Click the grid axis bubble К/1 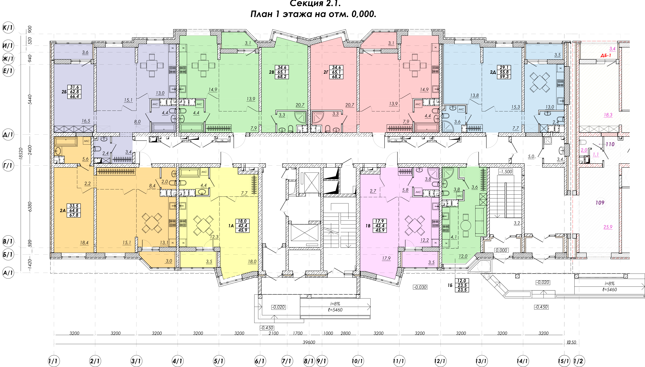(x=8, y=27)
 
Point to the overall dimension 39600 (x=309, y=342)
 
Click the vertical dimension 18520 (x=21, y=153)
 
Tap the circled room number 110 (x=610, y=144)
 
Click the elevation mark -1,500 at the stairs (x=506, y=172)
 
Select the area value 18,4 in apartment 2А (x=84, y=243)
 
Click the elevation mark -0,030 (x=420, y=287)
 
